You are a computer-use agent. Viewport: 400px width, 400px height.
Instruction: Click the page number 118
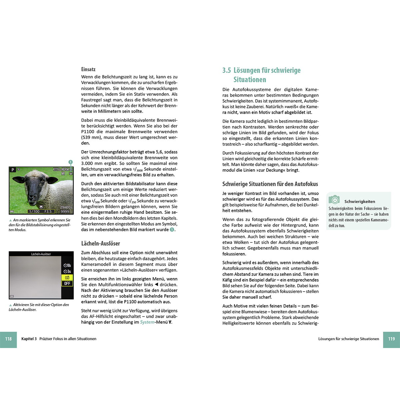pyautogui.click(x=8, y=339)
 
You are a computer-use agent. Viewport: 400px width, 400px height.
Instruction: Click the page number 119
pyautogui.click(x=391, y=339)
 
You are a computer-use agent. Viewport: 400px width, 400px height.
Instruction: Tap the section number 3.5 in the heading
pyautogui.click(x=227, y=70)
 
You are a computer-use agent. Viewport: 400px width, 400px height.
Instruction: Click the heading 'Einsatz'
pyautogui.click(x=88, y=69)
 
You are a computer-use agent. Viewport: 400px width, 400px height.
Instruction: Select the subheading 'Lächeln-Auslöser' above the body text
pyautogui.click(x=100, y=244)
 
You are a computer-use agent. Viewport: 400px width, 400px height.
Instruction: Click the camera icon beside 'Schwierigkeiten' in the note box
pyautogui.click(x=334, y=200)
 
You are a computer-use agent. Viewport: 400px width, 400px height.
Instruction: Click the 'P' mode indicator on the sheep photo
pyautogui.click(x=13, y=170)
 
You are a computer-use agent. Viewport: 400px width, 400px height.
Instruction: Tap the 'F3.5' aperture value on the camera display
pyautogui.click(x=48, y=212)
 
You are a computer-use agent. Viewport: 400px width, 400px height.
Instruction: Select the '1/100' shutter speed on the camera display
pyautogui.click(x=34, y=212)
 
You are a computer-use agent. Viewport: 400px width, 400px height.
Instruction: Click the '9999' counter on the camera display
pyautogui.click(x=65, y=212)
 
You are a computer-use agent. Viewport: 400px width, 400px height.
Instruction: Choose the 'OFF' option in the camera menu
pyautogui.click(x=67, y=284)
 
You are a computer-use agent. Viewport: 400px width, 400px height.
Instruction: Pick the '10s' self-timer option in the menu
pyautogui.click(x=67, y=266)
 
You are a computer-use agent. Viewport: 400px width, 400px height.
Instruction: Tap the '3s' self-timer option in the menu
pyautogui.click(x=67, y=272)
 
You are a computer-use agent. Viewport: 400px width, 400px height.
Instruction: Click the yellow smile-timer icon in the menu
pyautogui.click(x=67, y=278)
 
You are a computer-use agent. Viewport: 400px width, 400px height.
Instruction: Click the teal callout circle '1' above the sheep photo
pyautogui.click(x=71, y=162)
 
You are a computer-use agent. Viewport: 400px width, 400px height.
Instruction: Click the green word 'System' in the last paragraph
pyautogui.click(x=147, y=322)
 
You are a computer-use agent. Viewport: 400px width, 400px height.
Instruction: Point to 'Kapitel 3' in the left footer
pyautogui.click(x=29, y=339)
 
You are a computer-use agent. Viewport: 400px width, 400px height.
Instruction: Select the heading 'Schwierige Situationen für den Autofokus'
pyautogui.click(x=270, y=184)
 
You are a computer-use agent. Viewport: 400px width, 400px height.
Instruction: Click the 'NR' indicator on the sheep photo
pyautogui.click(x=63, y=174)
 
